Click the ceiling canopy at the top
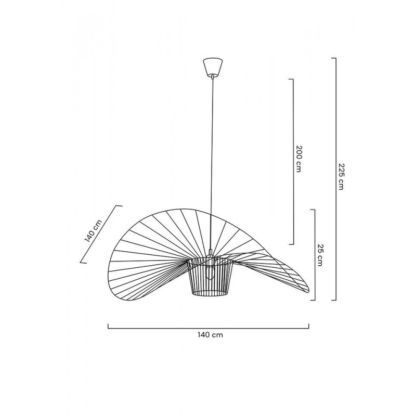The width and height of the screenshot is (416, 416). tap(212, 67)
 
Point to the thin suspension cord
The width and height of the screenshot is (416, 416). tap(212, 156)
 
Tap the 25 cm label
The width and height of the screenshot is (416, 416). tap(320, 255)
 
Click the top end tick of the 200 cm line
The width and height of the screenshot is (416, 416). tap(292, 80)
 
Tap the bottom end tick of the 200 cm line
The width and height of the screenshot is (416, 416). tap(292, 243)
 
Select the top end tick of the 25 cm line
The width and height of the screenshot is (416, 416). tap(313, 210)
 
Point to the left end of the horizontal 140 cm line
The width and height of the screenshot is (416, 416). tap(108, 327)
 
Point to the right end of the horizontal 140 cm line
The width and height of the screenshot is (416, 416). tap(309, 327)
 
